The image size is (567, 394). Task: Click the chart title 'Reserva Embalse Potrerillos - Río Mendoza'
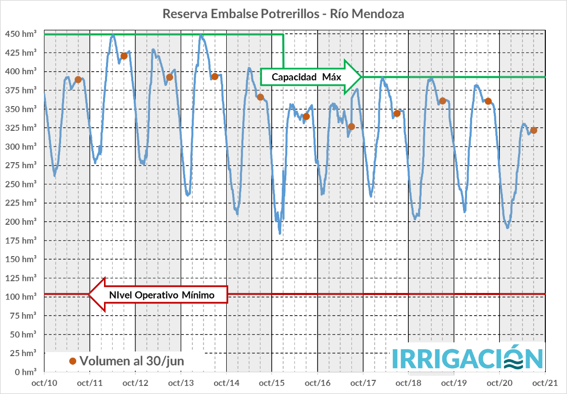[283, 14]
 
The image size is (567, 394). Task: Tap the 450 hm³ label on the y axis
[20, 34]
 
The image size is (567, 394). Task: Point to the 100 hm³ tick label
[20, 297]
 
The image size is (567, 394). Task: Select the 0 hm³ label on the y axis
[24, 372]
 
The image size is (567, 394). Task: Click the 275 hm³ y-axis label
[20, 166]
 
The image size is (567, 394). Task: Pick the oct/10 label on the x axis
[44, 382]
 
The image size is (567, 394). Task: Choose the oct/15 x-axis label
[272, 382]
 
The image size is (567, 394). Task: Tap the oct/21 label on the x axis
[545, 382]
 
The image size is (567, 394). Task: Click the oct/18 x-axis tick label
[408, 382]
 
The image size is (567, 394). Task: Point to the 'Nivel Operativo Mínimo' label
[162, 295]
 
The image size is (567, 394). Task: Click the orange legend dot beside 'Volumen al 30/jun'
[73, 361]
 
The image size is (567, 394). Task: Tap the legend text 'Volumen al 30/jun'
[131, 361]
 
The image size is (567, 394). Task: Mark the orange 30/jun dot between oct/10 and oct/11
[78, 80]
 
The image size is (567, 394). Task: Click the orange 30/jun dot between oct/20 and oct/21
[534, 130]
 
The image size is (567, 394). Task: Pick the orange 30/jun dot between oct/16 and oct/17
[351, 126]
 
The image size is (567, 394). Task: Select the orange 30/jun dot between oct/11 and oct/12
[124, 56]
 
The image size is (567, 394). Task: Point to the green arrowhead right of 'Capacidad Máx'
[353, 77]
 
